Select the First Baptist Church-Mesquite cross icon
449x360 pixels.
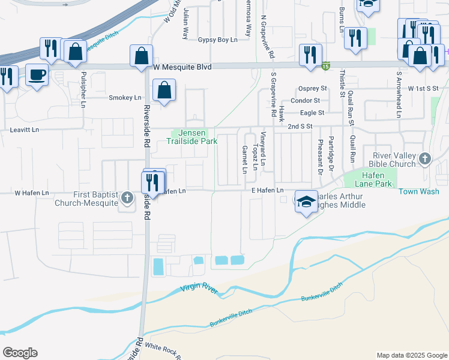[127, 198]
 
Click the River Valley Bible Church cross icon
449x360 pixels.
[425, 159]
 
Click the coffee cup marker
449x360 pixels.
[38, 75]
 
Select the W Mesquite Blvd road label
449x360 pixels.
[182, 67]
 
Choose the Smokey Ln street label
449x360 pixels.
[125, 98]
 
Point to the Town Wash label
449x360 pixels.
[419, 191]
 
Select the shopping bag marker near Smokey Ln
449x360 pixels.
[164, 91]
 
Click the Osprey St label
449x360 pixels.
[312, 88]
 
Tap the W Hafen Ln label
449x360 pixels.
[32, 193]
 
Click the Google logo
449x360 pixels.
[20, 353]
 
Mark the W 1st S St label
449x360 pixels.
[423, 88]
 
